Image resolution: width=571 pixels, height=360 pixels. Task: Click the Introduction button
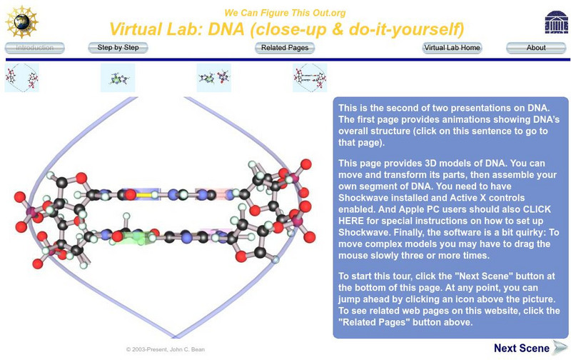coord(34,48)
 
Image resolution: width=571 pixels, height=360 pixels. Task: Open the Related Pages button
coord(285,48)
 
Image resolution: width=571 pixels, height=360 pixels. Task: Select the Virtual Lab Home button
coord(452,48)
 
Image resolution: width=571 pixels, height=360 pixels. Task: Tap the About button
coord(536,48)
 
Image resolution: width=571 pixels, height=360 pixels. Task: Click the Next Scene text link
coord(522,348)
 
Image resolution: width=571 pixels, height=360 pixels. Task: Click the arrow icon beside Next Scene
coord(560,348)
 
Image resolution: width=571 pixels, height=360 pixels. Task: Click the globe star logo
coord(22,22)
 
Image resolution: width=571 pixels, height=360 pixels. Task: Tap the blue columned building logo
coord(557,22)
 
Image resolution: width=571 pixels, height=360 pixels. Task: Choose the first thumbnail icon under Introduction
coord(22,78)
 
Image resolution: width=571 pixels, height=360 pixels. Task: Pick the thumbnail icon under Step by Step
coord(118,78)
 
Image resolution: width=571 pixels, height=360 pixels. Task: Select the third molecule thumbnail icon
coord(213,78)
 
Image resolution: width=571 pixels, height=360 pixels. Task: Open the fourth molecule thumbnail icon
coord(310,78)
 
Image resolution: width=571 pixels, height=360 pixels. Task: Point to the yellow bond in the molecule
coord(144,195)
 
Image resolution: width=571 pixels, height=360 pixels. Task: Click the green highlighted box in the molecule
coord(137,238)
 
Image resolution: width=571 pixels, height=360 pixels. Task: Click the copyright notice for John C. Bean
coord(166,349)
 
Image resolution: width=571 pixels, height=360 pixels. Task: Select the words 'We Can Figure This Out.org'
coord(285,13)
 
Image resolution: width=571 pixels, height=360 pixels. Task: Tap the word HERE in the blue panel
coord(351,221)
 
